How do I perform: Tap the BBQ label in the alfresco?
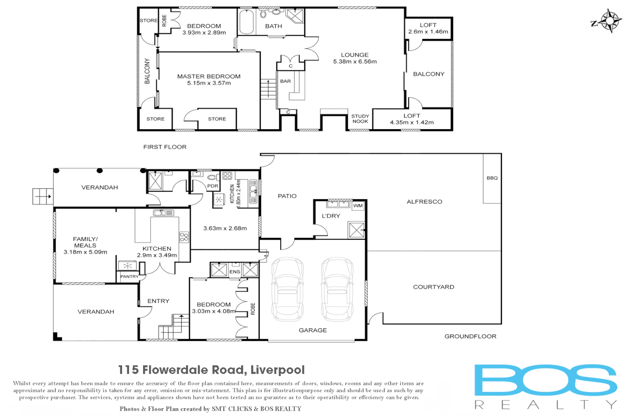(492, 178)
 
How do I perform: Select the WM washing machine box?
(358, 206)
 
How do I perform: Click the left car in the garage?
(287, 289)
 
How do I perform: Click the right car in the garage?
(337, 289)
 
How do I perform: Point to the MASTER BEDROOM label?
(209, 76)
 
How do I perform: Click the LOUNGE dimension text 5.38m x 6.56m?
(355, 62)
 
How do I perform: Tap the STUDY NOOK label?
(360, 119)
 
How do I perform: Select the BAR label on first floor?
(285, 81)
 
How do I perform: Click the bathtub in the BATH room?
(247, 22)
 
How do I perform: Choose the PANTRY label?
(129, 277)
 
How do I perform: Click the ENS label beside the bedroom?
(235, 272)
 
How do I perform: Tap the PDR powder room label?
(212, 186)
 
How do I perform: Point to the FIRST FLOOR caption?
(165, 147)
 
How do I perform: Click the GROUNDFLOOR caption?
(470, 336)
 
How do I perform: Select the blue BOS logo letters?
(545, 380)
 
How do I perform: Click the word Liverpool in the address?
(278, 370)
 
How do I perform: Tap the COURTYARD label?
(433, 287)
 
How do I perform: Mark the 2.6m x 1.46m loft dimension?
(428, 32)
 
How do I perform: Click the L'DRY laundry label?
(331, 216)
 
